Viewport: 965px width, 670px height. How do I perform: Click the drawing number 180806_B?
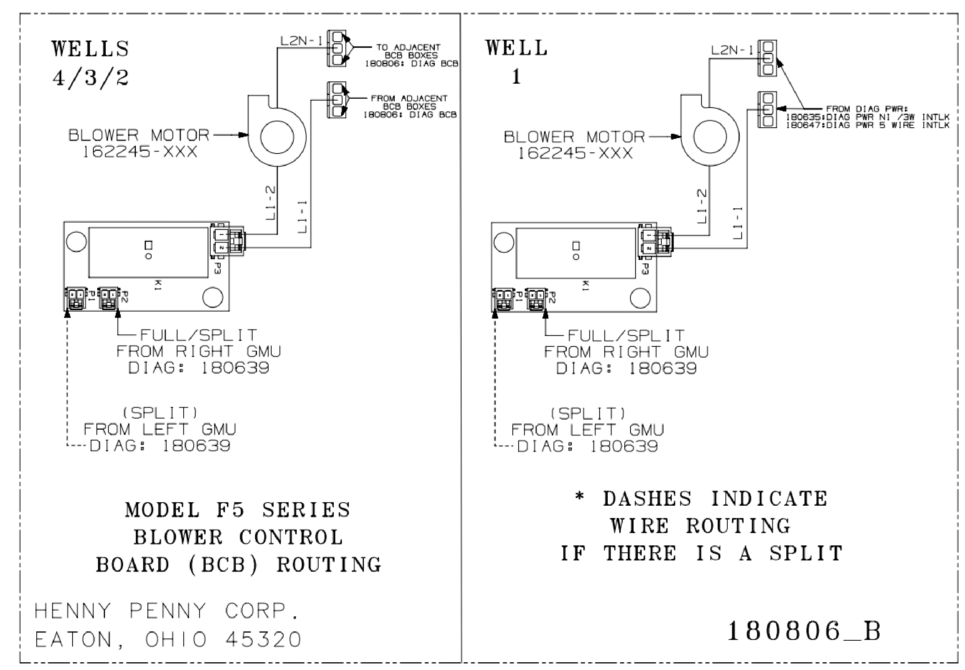[x=803, y=631]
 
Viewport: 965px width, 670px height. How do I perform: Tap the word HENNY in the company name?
[x=73, y=611]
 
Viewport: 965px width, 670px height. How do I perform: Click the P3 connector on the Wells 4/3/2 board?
[x=227, y=241]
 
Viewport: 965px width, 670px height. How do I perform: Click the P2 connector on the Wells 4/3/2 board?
[x=109, y=298]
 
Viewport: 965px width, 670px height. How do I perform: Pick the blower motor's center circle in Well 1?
[x=710, y=137]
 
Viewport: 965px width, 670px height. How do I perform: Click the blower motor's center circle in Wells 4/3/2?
[x=277, y=137]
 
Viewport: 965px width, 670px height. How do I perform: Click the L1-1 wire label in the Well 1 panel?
[x=737, y=223]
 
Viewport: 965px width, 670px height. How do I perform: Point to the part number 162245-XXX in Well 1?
[x=575, y=153]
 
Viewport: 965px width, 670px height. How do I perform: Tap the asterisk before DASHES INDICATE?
[x=580, y=497]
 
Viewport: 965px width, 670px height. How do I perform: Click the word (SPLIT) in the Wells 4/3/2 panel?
[x=160, y=413]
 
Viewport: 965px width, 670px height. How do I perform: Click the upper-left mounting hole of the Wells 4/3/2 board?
[x=76, y=242]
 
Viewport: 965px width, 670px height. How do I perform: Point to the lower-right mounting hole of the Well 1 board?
[x=641, y=299]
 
